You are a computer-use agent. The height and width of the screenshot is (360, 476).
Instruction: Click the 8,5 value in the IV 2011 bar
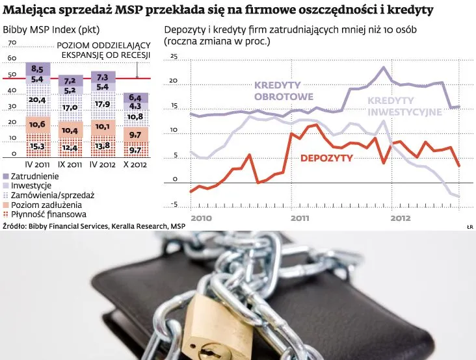(x=37, y=69)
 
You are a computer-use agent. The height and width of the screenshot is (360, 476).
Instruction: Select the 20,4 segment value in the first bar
(x=38, y=100)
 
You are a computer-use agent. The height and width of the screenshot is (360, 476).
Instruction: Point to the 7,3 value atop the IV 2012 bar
(x=101, y=77)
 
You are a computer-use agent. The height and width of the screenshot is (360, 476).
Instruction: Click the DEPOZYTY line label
(x=326, y=158)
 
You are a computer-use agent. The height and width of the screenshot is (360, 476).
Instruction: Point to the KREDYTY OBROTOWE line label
(x=278, y=90)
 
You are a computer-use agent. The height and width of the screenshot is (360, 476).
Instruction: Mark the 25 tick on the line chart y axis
(x=173, y=57)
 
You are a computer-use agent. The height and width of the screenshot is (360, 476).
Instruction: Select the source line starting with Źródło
(x=94, y=225)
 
